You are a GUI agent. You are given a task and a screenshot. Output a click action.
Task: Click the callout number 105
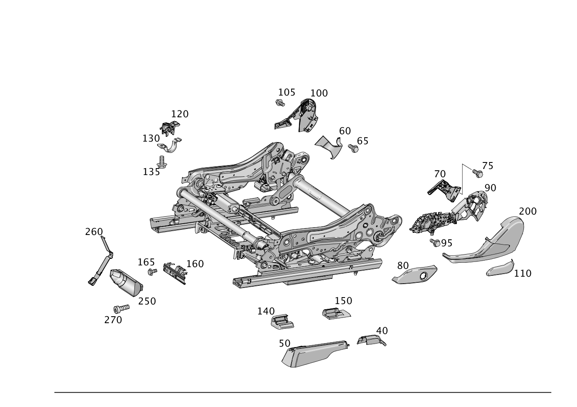(x=286, y=92)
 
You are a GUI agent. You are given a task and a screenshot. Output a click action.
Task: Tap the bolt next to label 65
(x=353, y=148)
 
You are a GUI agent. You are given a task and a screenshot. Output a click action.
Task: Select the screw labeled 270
(x=121, y=308)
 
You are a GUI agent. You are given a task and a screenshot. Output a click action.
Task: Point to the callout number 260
(x=94, y=232)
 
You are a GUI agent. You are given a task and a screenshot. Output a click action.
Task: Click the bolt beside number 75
(x=478, y=173)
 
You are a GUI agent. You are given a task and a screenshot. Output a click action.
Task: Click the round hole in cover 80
(x=424, y=276)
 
